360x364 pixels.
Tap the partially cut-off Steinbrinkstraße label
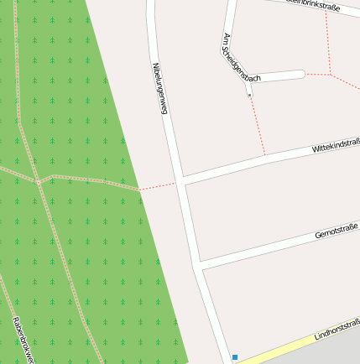[x=312, y=6]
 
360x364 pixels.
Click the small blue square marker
[x=235, y=357]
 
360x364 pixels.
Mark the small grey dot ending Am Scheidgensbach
[x=249, y=95]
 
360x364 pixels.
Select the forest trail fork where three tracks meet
[x=38, y=181]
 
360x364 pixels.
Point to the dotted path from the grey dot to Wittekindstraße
[x=258, y=126]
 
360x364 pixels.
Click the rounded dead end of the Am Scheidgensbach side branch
[x=300, y=75]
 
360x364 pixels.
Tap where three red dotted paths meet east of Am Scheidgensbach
[x=331, y=74]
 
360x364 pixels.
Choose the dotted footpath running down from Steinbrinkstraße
[x=327, y=42]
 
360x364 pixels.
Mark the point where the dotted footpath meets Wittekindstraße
[x=265, y=155]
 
